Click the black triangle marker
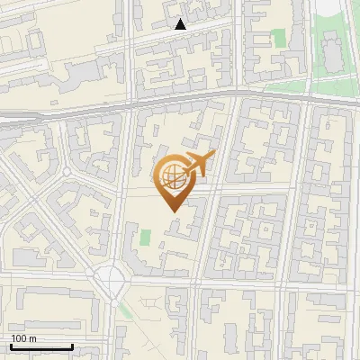[x=181, y=25]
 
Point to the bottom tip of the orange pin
[x=174, y=212]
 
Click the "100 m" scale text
[x=23, y=338]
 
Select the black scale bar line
[x=40, y=346]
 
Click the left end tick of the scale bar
[x=10, y=345]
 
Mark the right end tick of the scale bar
[x=72, y=345]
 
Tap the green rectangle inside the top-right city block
[x=279, y=39]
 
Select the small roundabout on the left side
[x=67, y=171]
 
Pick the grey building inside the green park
[x=331, y=49]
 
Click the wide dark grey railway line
[x=180, y=96]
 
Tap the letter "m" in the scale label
[x=32, y=338]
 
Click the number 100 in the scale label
[x=19, y=338]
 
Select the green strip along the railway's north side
[x=297, y=87]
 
